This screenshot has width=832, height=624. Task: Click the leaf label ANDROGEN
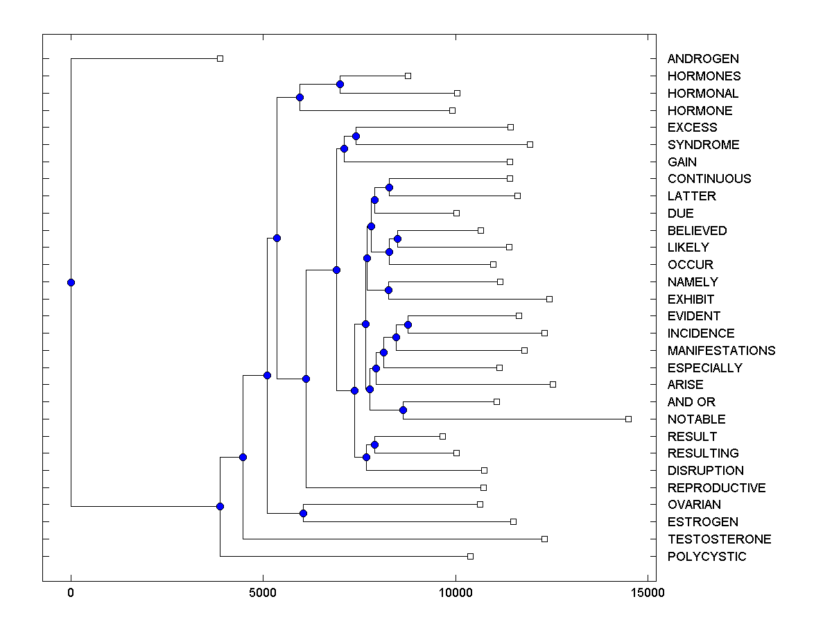(x=702, y=59)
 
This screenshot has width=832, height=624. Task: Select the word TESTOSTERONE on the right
(x=719, y=539)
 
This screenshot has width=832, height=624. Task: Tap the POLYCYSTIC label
(x=707, y=557)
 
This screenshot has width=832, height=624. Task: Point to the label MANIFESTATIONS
(x=721, y=351)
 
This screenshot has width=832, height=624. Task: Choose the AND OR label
(x=691, y=402)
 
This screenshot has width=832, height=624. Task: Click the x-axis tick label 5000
(x=263, y=593)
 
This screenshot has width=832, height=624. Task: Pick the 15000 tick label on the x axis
(x=648, y=593)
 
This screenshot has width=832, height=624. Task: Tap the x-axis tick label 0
(x=71, y=593)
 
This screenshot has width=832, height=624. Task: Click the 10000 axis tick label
(x=456, y=593)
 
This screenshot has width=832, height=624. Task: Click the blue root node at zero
(x=71, y=282)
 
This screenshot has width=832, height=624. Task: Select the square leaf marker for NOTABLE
(x=628, y=419)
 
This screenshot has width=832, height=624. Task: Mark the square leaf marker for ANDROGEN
(x=220, y=59)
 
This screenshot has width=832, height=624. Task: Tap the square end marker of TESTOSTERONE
(x=544, y=539)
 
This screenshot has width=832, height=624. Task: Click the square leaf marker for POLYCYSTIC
(x=470, y=556)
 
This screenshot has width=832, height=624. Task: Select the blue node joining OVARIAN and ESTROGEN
(x=303, y=513)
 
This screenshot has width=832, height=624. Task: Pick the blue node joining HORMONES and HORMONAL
(x=340, y=84)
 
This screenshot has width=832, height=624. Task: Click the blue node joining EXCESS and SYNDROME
(x=356, y=136)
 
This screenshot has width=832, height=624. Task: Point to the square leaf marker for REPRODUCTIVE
(x=483, y=487)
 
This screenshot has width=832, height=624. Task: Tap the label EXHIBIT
(x=691, y=300)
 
